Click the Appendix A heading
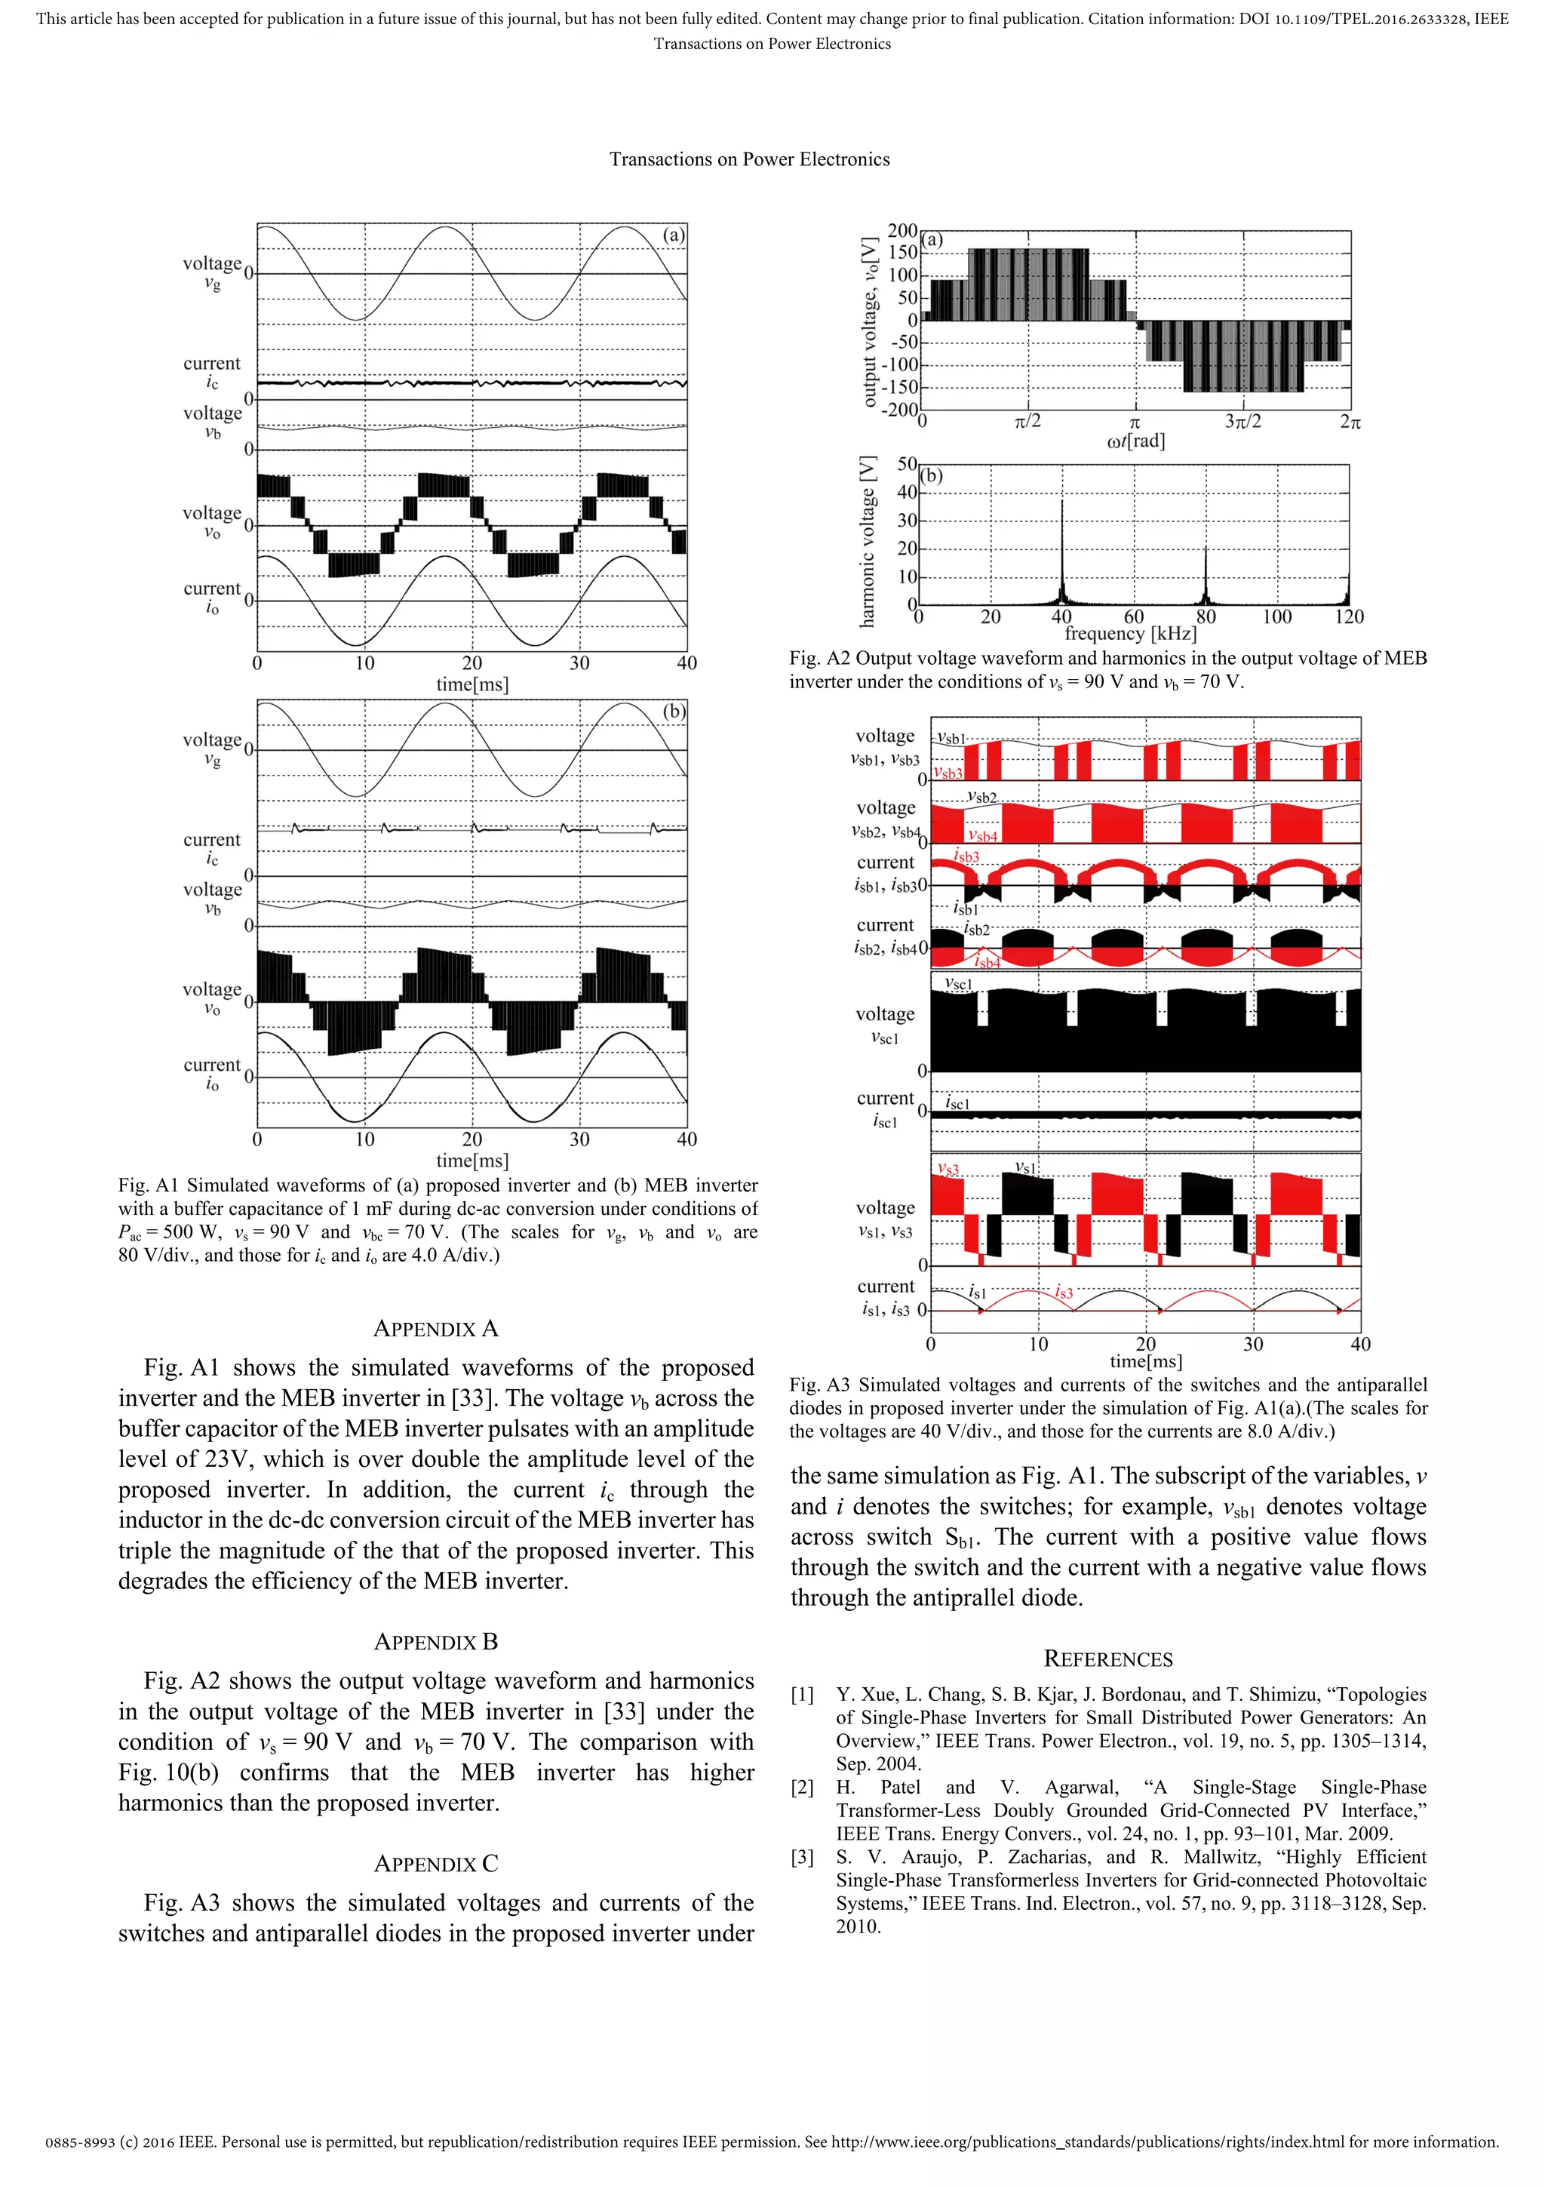435,1328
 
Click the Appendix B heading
435,1641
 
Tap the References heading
1108,1659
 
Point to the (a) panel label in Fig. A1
673,235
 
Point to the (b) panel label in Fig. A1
673,712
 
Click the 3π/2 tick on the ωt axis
1242,422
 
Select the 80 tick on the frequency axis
1206,617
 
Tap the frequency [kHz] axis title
1130,634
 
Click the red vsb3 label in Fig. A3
948,773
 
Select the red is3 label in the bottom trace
1063,1293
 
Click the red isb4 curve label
988,963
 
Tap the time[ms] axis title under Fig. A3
1145,1361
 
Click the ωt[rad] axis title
1135,441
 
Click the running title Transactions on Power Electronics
749,160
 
